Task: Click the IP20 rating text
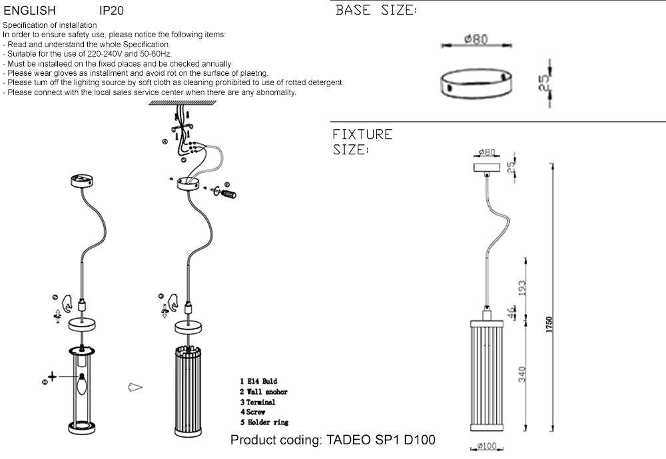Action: (111, 11)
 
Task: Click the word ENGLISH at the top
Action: (29, 11)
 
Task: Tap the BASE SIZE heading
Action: (376, 11)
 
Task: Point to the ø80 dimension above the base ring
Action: (476, 39)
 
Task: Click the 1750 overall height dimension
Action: (549, 324)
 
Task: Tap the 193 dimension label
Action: (523, 289)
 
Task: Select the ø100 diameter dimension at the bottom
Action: (488, 446)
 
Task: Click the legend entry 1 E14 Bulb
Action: (258, 381)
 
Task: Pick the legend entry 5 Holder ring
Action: (264, 422)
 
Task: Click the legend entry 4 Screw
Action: (253, 412)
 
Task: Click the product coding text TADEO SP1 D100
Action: (332, 440)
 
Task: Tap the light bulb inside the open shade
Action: (83, 384)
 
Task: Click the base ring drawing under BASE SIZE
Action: (476, 84)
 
